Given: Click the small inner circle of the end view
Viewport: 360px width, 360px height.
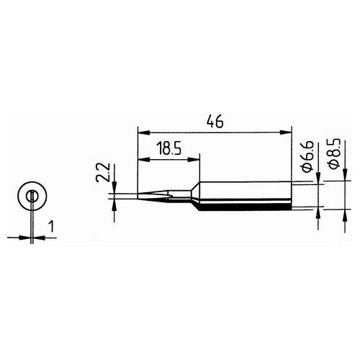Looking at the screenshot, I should click(32, 196).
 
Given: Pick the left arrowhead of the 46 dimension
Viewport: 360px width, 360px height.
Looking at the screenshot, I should click(141, 132).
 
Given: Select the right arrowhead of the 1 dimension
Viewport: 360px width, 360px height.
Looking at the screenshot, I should click(37, 236).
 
